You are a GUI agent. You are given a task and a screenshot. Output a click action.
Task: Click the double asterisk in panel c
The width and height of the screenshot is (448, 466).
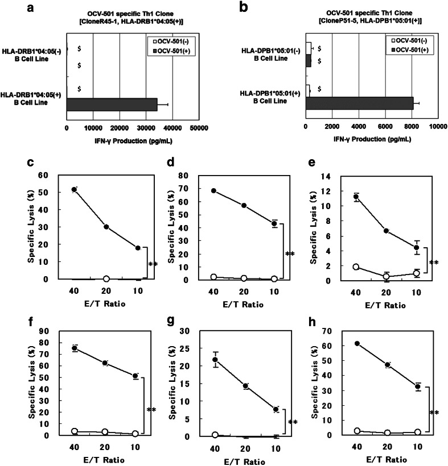coord(153,264)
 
